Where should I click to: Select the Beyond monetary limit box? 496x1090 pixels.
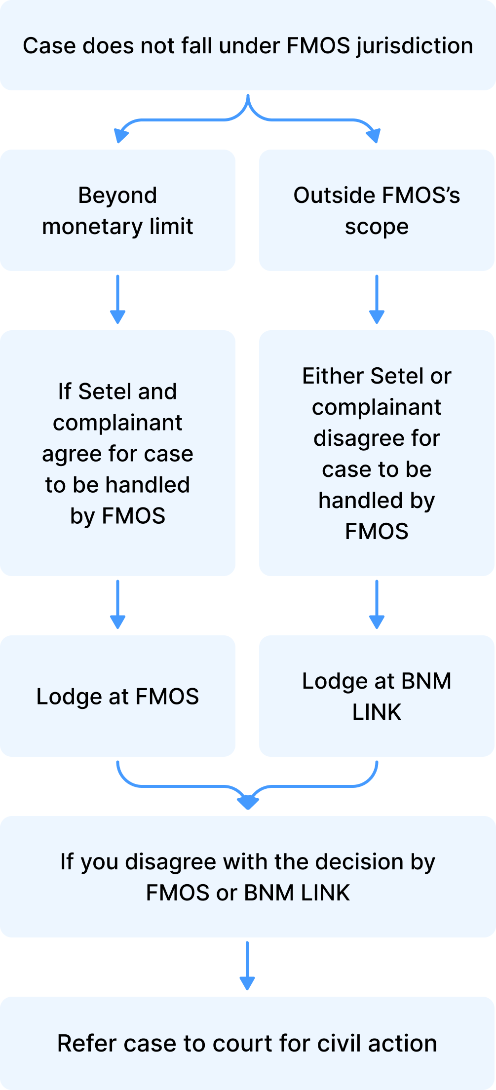point(117,210)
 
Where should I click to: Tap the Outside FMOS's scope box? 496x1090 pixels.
point(376,210)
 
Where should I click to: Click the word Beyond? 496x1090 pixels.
point(117,195)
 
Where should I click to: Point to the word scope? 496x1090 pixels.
point(377,227)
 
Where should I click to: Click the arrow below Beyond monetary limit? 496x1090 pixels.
point(117,299)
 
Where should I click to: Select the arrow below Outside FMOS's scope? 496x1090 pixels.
point(377,299)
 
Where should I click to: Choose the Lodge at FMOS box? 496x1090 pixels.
point(117,696)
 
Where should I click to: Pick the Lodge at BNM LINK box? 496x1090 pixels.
point(376,696)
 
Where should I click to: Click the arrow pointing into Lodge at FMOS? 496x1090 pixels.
point(117,604)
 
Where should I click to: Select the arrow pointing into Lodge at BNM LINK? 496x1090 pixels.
point(377,604)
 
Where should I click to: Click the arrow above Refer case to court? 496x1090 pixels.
point(247,966)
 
